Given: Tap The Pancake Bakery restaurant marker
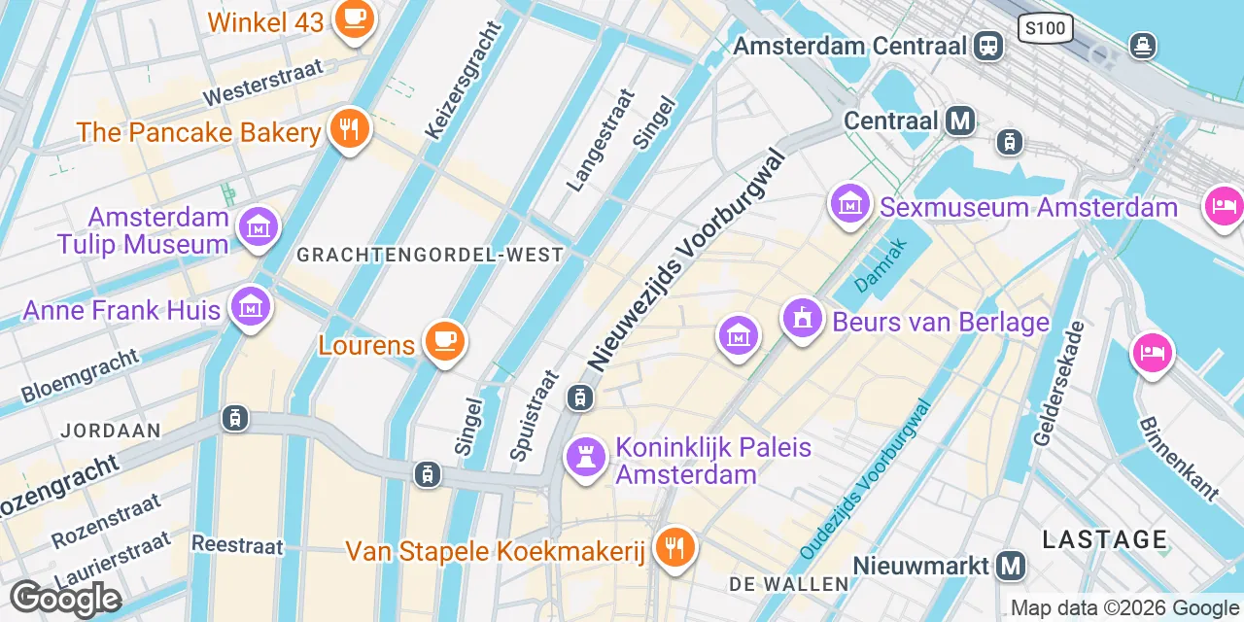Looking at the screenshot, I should click(x=348, y=128).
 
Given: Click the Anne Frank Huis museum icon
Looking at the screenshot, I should click(x=251, y=308).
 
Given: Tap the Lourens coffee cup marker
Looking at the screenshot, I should click(x=445, y=341).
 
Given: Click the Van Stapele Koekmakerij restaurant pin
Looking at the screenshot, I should click(x=673, y=549).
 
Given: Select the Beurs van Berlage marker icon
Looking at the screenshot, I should click(x=803, y=319).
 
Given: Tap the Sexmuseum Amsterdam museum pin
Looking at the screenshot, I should click(x=850, y=205).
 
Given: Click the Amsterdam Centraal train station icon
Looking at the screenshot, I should click(x=989, y=45).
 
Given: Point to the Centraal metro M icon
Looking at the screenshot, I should click(x=961, y=121).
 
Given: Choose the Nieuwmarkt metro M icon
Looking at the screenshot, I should click(x=1012, y=565).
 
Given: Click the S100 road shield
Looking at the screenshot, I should click(x=1046, y=28).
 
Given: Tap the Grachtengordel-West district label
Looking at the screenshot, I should click(x=430, y=255).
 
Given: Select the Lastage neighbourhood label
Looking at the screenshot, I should click(x=1104, y=539).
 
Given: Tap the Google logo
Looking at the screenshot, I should click(x=65, y=600).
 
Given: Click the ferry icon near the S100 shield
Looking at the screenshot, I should click(x=1143, y=45).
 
